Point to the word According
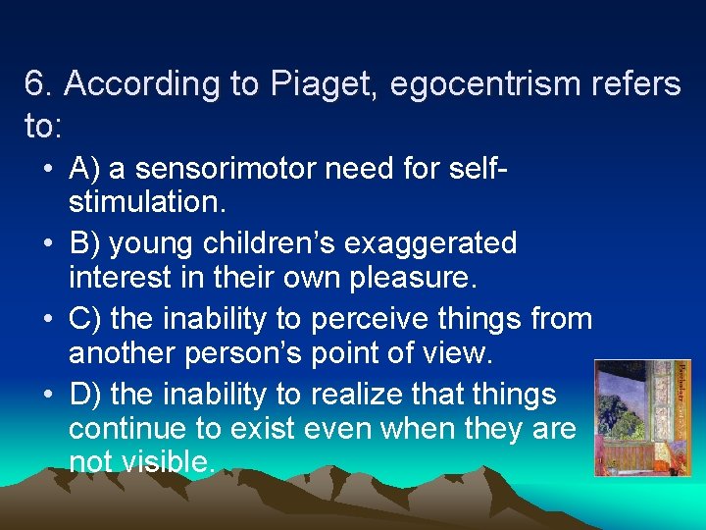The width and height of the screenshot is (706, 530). (x=128, y=85)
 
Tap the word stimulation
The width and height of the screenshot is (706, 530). (x=143, y=204)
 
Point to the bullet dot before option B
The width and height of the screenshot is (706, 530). (x=47, y=243)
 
